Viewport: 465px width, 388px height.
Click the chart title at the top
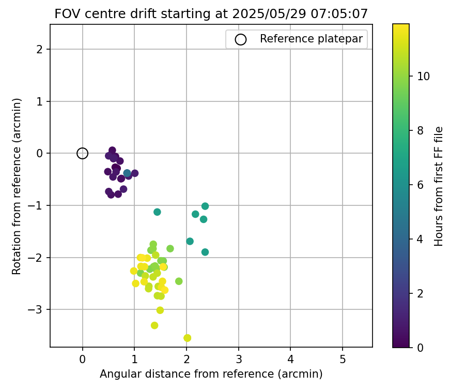coord(211,14)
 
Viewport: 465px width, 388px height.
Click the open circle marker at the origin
coord(82,153)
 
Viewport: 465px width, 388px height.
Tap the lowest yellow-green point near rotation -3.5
coord(187,338)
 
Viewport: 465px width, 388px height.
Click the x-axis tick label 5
coord(343,359)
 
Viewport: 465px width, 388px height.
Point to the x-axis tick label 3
coord(239,359)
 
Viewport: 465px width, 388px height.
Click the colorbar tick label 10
coord(423,76)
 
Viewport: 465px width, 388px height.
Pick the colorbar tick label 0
coord(420,348)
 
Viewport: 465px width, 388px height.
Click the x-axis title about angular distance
coord(211,374)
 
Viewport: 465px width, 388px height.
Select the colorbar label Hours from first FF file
coord(439,186)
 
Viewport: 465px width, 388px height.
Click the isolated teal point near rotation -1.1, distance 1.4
coord(157,212)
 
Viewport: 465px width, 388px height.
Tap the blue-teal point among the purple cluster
coord(127,173)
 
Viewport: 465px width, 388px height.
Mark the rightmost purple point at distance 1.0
coord(135,173)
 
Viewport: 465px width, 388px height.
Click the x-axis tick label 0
coord(83,359)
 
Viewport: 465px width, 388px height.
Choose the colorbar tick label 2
coord(420,293)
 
